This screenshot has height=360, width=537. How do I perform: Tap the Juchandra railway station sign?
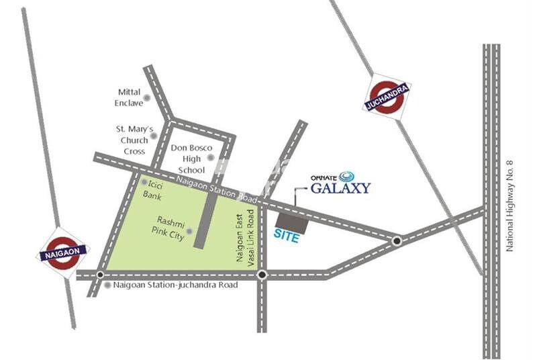point(388,96)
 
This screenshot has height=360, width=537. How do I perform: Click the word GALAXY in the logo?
point(340,188)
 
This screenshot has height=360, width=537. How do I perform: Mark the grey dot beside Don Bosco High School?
point(210,159)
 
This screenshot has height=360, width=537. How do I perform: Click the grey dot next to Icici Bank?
point(144,182)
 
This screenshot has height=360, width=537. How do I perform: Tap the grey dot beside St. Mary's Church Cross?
point(154,136)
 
